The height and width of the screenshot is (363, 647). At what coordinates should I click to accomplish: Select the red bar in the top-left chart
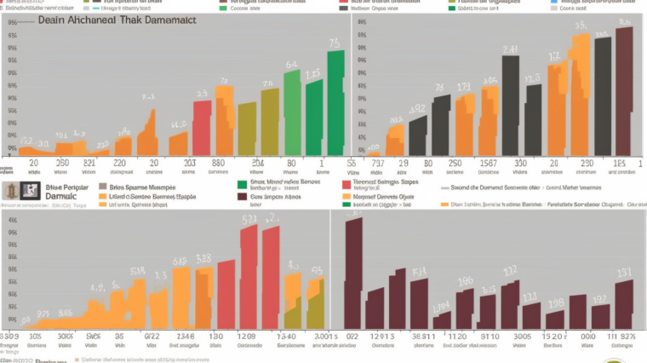(x=202, y=128)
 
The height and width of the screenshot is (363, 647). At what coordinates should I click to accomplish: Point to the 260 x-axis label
(x=62, y=162)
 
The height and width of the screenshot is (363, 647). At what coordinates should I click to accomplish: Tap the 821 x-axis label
(x=89, y=162)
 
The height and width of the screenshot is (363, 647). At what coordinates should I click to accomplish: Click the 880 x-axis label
(x=217, y=162)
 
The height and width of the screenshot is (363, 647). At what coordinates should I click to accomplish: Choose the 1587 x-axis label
(x=488, y=162)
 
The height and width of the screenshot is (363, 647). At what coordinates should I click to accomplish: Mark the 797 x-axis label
(x=378, y=162)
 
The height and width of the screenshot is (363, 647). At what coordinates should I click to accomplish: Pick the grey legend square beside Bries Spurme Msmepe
(x=103, y=185)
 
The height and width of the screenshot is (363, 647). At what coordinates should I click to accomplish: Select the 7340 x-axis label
(x=285, y=337)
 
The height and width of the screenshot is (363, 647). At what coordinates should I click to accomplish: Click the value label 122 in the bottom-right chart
(x=509, y=271)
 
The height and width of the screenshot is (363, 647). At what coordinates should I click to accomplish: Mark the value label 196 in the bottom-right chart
(x=465, y=281)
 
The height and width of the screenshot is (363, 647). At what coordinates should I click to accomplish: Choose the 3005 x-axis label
(x=522, y=337)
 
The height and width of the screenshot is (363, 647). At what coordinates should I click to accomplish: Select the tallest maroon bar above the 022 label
(x=352, y=273)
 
